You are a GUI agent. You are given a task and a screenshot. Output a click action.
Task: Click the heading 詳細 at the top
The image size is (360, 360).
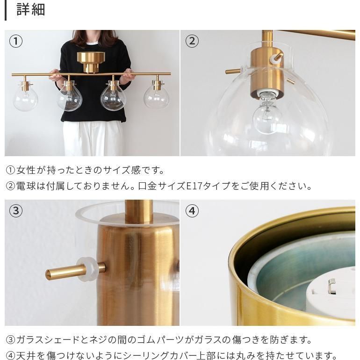[x=31, y=10]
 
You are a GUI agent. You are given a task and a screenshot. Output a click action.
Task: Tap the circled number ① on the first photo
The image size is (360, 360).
[x=16, y=41]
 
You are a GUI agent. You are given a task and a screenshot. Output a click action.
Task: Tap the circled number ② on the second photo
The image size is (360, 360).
[x=192, y=41]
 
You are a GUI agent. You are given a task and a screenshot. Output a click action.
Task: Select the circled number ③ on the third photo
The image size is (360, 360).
[x=16, y=211]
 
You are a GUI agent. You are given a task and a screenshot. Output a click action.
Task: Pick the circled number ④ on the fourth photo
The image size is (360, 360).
[x=192, y=211]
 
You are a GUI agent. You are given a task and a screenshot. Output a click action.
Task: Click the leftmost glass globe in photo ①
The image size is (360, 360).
[x=25, y=98]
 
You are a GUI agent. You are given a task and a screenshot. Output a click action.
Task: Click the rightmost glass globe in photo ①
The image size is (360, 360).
[x=156, y=96]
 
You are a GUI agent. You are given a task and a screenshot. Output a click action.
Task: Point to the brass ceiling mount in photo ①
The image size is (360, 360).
[x=91, y=61]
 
